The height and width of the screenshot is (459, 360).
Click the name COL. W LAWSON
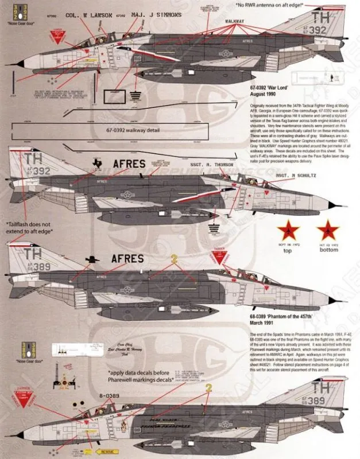coord(87,16)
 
